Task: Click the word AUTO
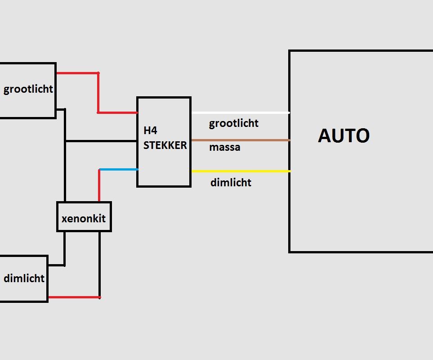click(x=344, y=135)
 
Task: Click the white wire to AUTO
click(x=241, y=112)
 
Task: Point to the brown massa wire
click(x=241, y=140)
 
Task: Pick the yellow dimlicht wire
click(x=241, y=171)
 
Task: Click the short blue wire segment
click(x=118, y=169)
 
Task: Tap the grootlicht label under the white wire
click(x=234, y=123)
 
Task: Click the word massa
click(x=224, y=147)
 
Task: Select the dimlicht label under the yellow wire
click(x=231, y=183)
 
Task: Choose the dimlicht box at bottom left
click(x=23, y=279)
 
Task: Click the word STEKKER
click(x=165, y=145)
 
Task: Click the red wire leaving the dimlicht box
click(x=74, y=297)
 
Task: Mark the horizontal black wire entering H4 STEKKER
click(x=101, y=141)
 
